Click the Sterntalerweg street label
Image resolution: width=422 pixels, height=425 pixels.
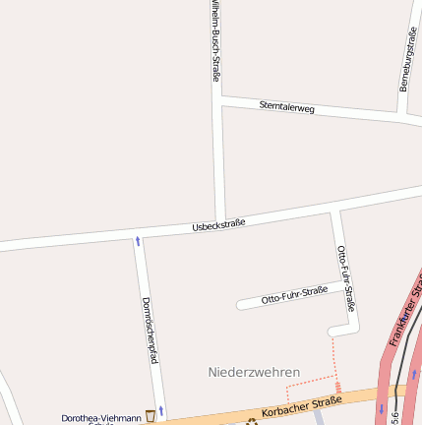pos(287,107)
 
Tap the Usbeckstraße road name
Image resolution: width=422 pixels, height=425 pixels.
pos(218,225)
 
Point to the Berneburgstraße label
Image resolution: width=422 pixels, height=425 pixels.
pos(407,59)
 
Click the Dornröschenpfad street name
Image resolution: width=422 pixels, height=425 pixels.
pos(150,330)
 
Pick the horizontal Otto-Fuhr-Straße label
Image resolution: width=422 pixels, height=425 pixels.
pos(294,294)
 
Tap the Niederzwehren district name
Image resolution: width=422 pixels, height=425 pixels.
pos(254,372)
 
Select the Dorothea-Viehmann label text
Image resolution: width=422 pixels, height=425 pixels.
pos(101,418)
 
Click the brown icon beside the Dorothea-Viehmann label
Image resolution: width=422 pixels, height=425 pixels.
pos(151,416)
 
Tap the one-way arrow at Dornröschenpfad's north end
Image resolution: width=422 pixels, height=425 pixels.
pos(138,240)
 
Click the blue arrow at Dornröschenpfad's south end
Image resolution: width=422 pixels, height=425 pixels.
pos(160,409)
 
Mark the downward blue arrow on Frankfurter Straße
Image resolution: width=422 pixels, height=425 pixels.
pos(382,407)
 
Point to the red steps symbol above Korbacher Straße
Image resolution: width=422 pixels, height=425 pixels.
pos(338,389)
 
